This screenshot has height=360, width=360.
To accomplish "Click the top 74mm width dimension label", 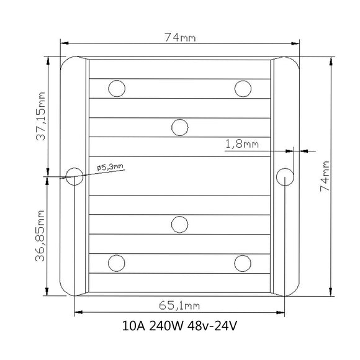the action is tap(180, 37).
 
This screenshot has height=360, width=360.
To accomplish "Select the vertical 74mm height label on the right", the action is tap(325, 176).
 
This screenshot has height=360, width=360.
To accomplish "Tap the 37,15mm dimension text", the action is tap(41, 116).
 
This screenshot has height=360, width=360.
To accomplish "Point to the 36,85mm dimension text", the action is tap(40, 236).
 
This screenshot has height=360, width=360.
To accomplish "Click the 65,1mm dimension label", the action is tap(179, 305).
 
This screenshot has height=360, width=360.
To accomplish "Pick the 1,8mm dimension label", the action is tap(242, 144).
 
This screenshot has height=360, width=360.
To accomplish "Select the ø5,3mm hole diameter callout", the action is tap(110, 167).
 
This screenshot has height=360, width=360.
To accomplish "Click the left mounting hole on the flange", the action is tap(74, 176).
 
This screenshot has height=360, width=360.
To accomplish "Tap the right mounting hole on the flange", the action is tap(285, 177).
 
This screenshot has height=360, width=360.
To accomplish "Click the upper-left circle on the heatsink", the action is tap(117, 88).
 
